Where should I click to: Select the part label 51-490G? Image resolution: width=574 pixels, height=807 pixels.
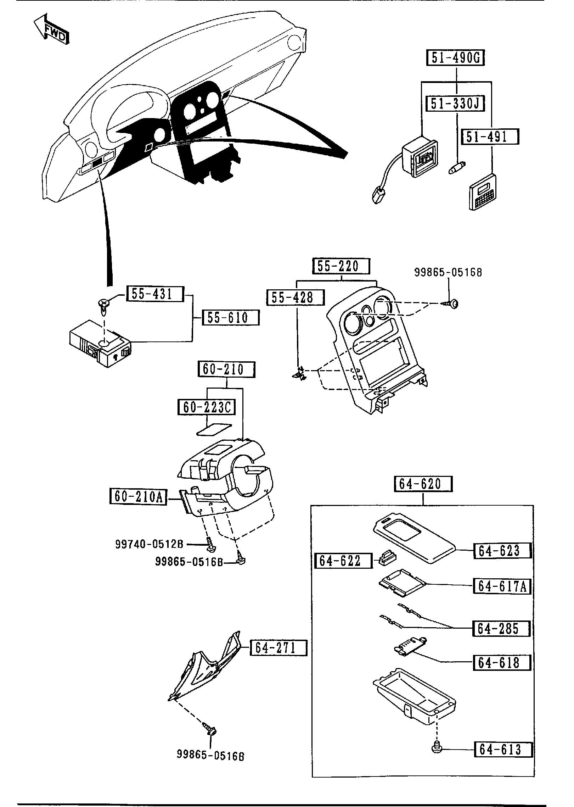click(455, 58)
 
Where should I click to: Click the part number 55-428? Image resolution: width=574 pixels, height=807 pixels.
click(295, 297)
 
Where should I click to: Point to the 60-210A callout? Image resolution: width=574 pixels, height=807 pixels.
click(138, 497)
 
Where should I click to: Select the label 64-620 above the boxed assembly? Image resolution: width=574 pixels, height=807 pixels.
click(423, 484)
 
